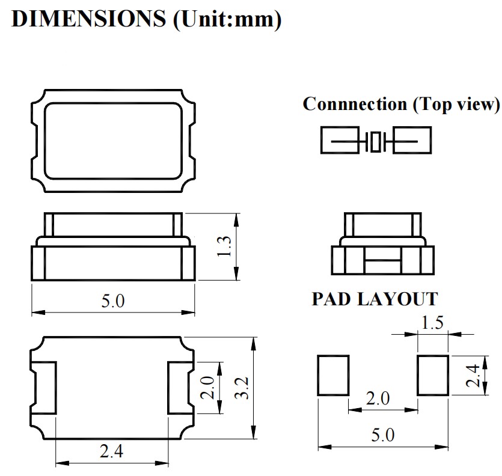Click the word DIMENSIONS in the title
(x=88, y=19)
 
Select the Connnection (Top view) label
(x=401, y=104)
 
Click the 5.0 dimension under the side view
(x=112, y=301)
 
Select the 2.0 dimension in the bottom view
(x=207, y=388)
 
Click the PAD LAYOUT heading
(x=375, y=299)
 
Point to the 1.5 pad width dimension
(x=432, y=323)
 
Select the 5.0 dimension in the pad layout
(x=383, y=435)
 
